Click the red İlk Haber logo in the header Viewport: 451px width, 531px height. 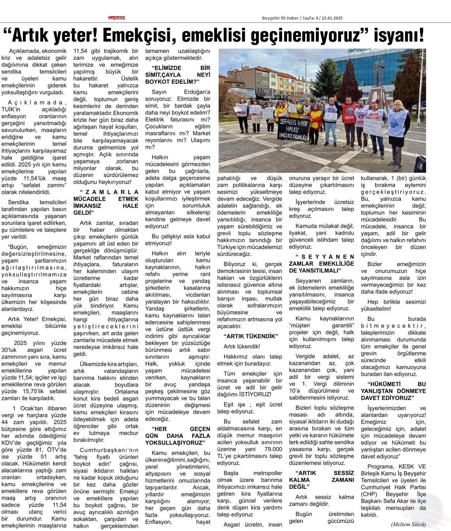tap(116, 18)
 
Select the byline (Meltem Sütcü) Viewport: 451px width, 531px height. tap(408, 524)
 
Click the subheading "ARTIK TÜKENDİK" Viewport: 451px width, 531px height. tap(251, 336)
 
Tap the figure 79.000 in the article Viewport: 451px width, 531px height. tap(272, 449)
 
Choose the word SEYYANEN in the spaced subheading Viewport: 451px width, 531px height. tap(328, 257)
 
